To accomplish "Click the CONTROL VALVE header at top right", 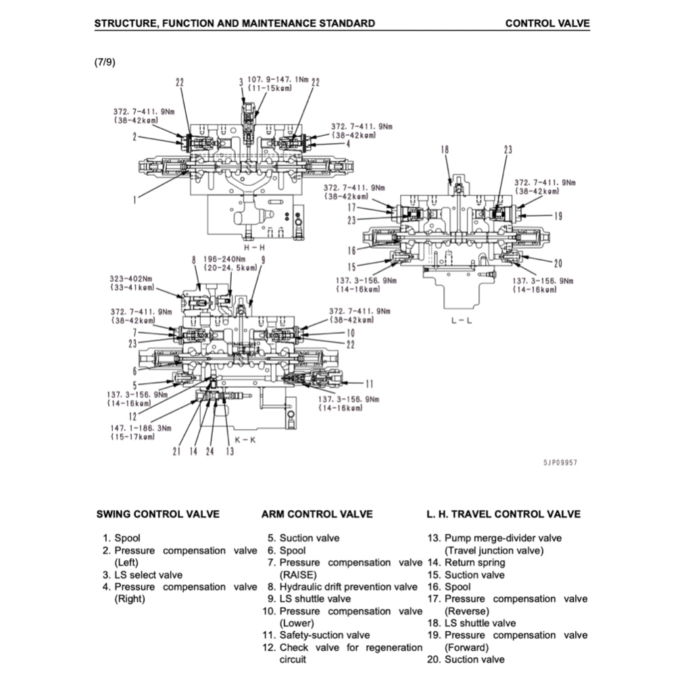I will [x=547, y=24].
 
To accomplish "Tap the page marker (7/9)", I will [x=105, y=62].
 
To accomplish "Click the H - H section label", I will [x=253, y=247].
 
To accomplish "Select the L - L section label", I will [x=462, y=320].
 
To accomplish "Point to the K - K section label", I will [x=245, y=440].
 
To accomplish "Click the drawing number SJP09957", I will [x=560, y=463].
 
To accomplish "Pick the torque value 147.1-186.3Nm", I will [x=141, y=428].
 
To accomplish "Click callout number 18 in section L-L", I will [x=445, y=150].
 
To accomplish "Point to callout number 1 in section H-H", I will [x=135, y=199].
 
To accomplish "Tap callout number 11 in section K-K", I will [x=369, y=383].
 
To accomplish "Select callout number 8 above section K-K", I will [x=193, y=259].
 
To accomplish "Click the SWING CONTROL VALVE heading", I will [x=158, y=514].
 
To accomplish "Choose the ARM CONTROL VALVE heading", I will [x=317, y=514].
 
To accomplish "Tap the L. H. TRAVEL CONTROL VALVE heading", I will [x=503, y=514].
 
